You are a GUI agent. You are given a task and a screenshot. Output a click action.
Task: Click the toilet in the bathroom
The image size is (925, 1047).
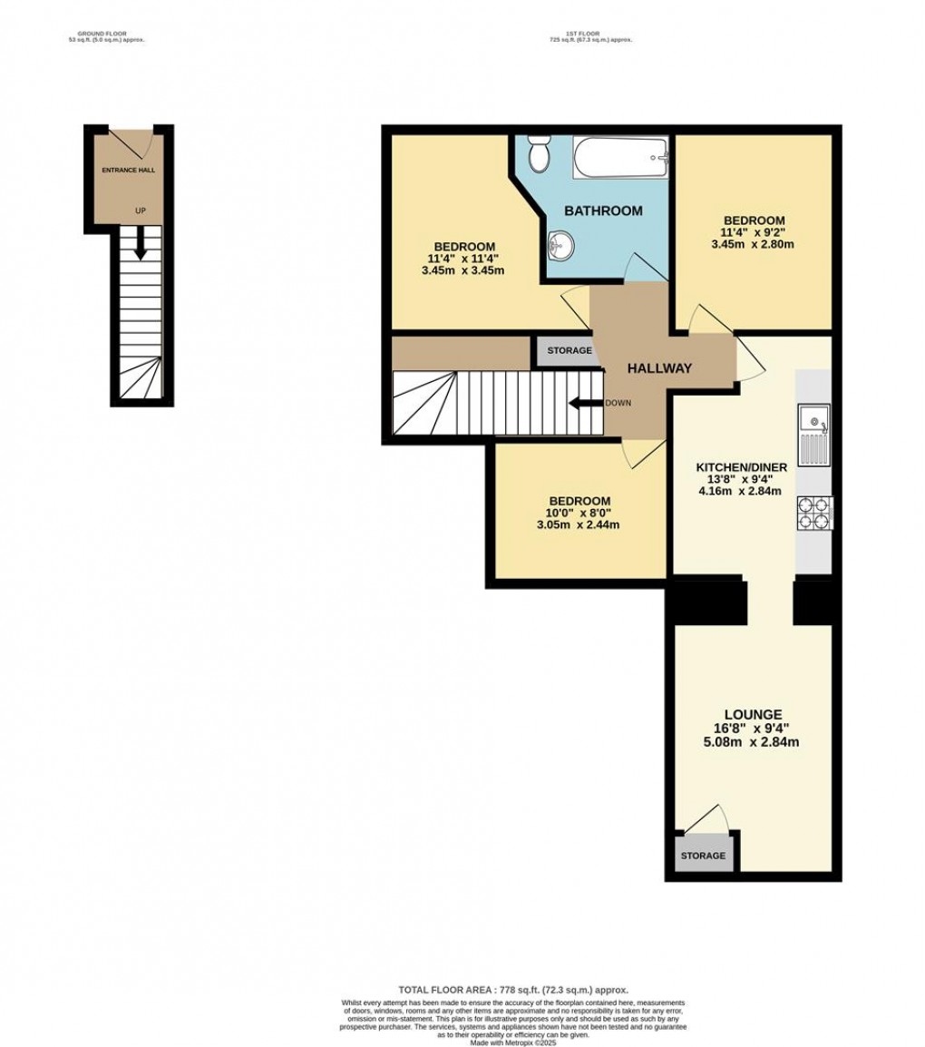pos(539,154)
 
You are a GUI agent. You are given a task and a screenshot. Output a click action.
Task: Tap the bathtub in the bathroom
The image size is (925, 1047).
pos(621,160)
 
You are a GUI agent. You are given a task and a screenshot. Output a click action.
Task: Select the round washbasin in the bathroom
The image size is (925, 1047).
pos(562,243)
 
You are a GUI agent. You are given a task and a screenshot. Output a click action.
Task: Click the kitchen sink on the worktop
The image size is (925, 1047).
pos(814,432)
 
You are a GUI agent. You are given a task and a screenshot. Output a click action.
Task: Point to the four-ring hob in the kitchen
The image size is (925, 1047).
pos(814,514)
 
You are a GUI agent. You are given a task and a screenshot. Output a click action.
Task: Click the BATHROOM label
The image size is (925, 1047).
pos(603,210)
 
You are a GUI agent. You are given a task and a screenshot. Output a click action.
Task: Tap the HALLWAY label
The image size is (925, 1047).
pos(660,368)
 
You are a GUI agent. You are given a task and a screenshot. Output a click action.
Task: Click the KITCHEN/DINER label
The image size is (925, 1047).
pos(735,466)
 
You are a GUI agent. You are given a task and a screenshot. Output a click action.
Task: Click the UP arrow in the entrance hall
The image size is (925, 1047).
pos(140,243)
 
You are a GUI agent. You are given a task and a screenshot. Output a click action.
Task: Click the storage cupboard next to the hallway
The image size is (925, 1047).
pos(569,351)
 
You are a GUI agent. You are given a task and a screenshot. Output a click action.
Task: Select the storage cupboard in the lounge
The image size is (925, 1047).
pos(704,856)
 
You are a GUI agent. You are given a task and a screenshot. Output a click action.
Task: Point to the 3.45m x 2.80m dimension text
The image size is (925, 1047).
pos(753,244)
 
